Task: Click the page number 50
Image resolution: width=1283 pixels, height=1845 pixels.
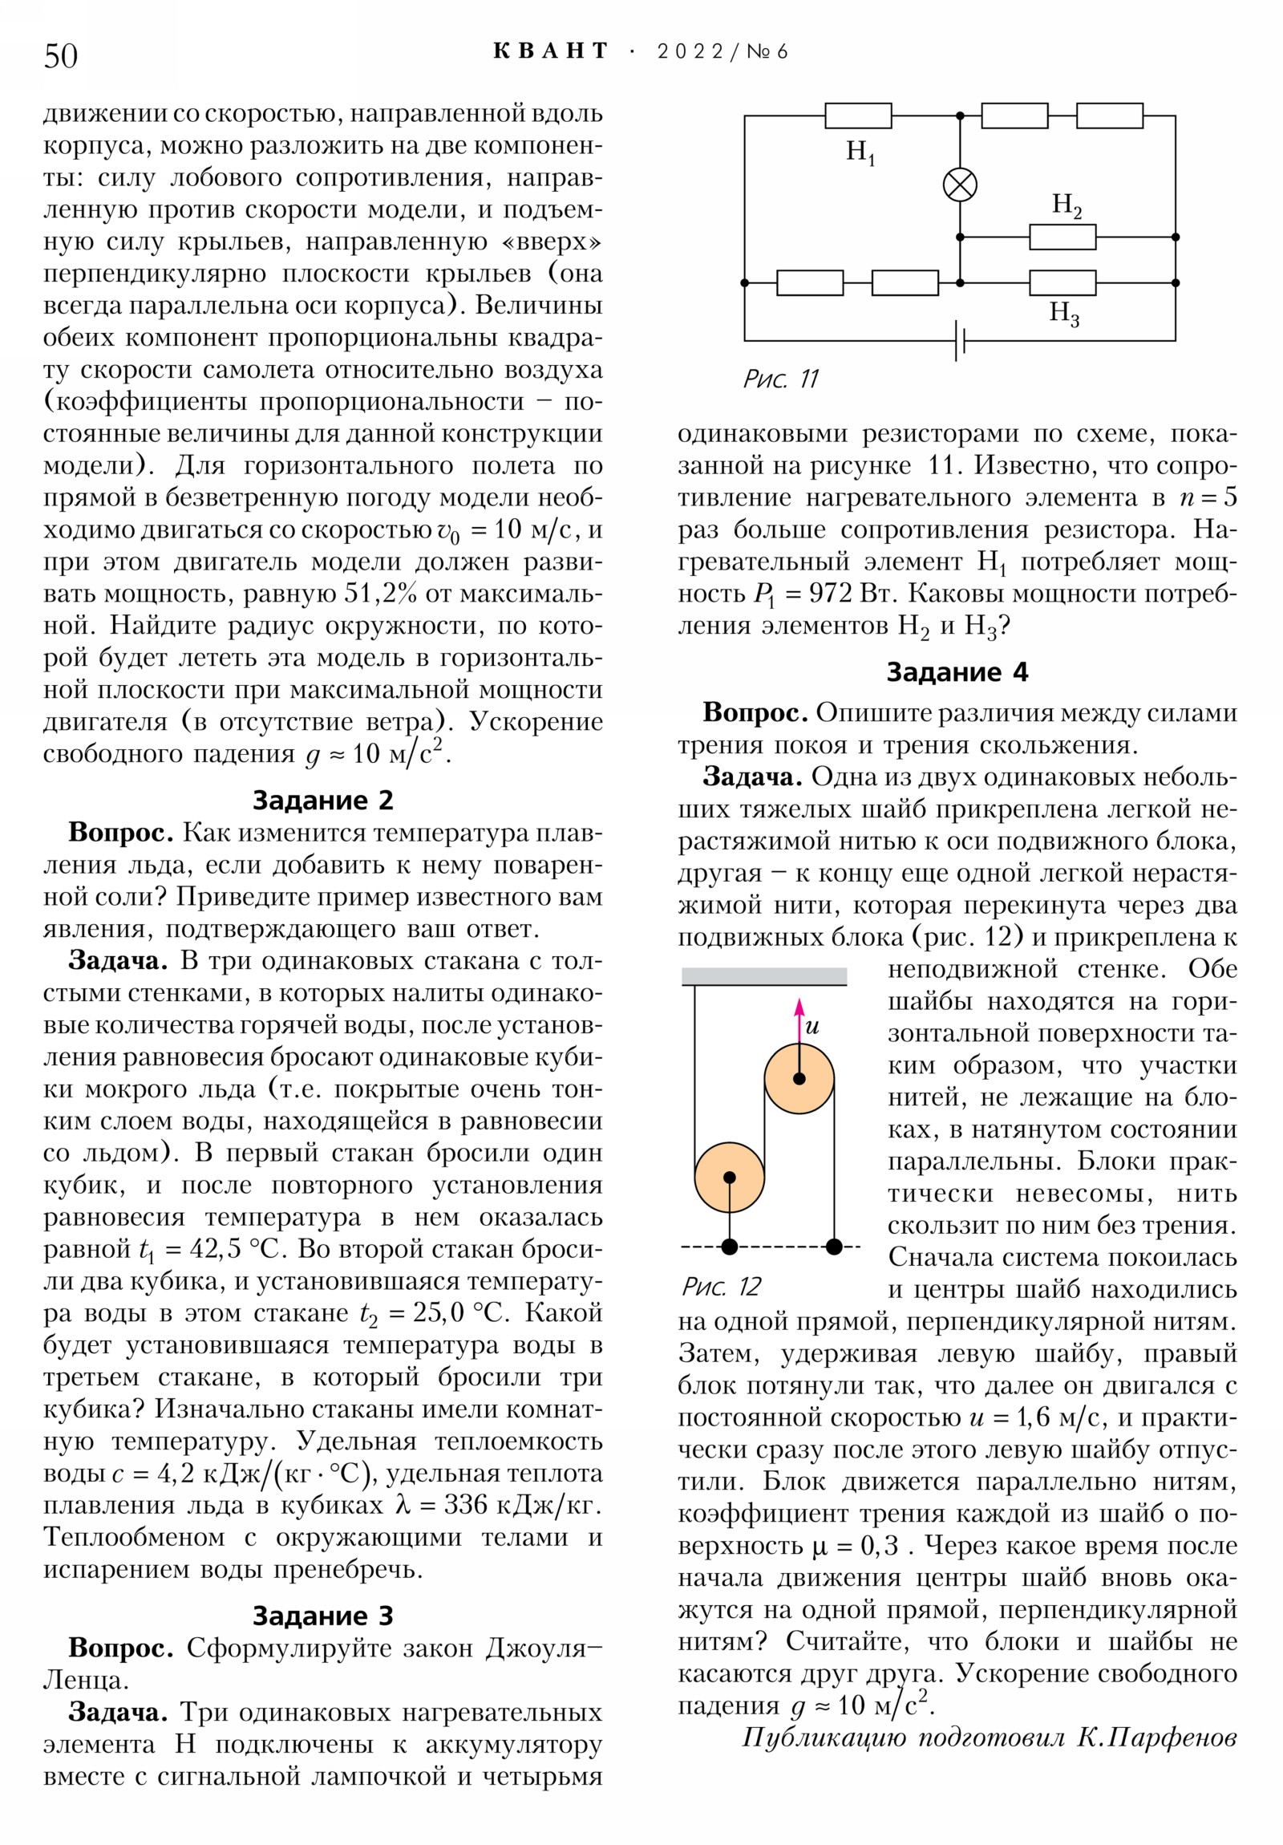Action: tap(61, 56)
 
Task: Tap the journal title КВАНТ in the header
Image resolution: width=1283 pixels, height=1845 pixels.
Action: tap(550, 51)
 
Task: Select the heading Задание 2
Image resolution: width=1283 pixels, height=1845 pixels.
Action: tap(323, 801)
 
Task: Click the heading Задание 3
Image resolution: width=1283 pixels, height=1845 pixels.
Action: tap(323, 1616)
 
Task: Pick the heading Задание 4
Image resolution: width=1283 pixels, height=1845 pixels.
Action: tap(957, 671)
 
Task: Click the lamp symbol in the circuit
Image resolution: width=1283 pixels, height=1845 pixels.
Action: tap(960, 185)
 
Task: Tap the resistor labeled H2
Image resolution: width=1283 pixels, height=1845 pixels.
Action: tap(1062, 237)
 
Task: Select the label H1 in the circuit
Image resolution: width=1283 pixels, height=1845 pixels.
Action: tap(860, 152)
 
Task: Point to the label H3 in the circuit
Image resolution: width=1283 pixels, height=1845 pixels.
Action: tap(1063, 313)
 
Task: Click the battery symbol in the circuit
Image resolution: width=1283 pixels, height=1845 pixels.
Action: tap(960, 341)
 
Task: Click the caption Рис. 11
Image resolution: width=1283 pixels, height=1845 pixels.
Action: tap(780, 379)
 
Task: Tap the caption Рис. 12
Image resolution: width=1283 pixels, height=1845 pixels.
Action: tap(721, 1287)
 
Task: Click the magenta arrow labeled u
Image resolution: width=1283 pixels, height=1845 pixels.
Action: tap(799, 1020)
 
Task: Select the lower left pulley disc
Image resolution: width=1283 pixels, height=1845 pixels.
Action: tap(730, 1178)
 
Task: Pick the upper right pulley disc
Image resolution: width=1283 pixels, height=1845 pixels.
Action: tap(799, 1078)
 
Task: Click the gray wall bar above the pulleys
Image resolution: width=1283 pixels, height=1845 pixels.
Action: tap(764, 976)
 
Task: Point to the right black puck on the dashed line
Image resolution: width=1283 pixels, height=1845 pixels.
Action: tap(834, 1247)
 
